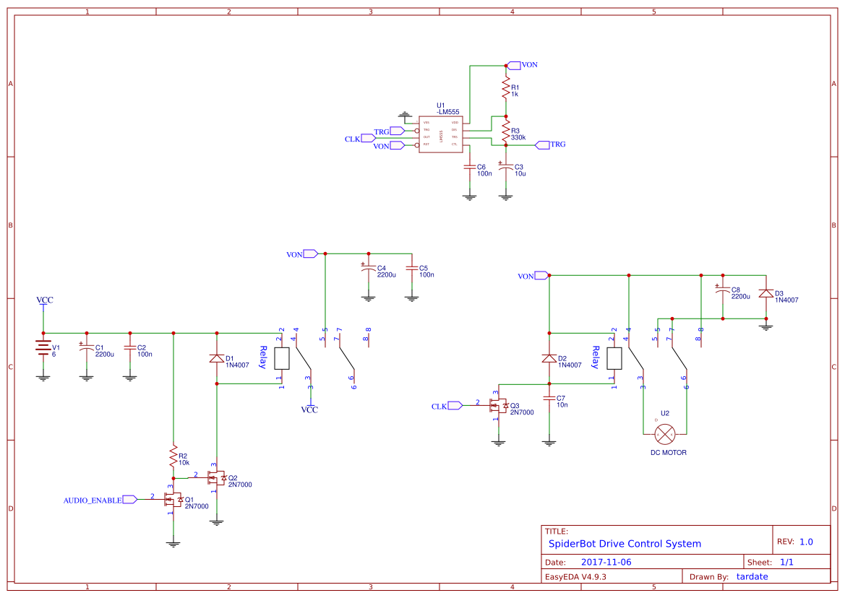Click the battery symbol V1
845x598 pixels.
43,350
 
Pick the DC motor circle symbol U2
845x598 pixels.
665,434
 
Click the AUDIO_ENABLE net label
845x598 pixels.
93,500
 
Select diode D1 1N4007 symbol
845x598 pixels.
216,358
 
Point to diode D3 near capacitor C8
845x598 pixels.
765,295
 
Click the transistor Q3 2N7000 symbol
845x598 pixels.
498,407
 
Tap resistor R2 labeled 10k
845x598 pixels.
173,456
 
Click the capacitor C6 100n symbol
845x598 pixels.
470,168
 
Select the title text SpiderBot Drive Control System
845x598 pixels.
625,544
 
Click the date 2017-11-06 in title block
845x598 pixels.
606,562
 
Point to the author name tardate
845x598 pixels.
752,576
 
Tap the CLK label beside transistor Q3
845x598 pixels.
439,407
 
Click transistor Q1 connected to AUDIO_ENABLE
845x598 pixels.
173,500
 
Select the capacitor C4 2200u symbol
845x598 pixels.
368,269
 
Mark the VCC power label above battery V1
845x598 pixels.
45,300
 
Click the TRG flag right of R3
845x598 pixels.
557,144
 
